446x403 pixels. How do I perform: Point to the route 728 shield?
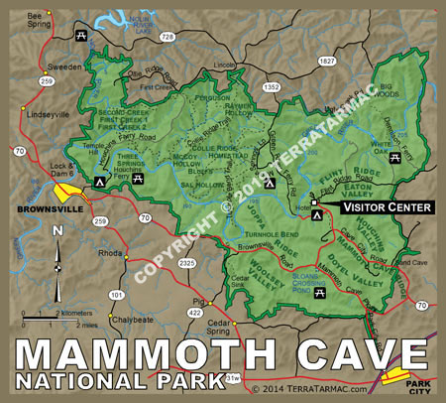pos(168,37)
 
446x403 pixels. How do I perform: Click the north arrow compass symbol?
pos(58,266)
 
